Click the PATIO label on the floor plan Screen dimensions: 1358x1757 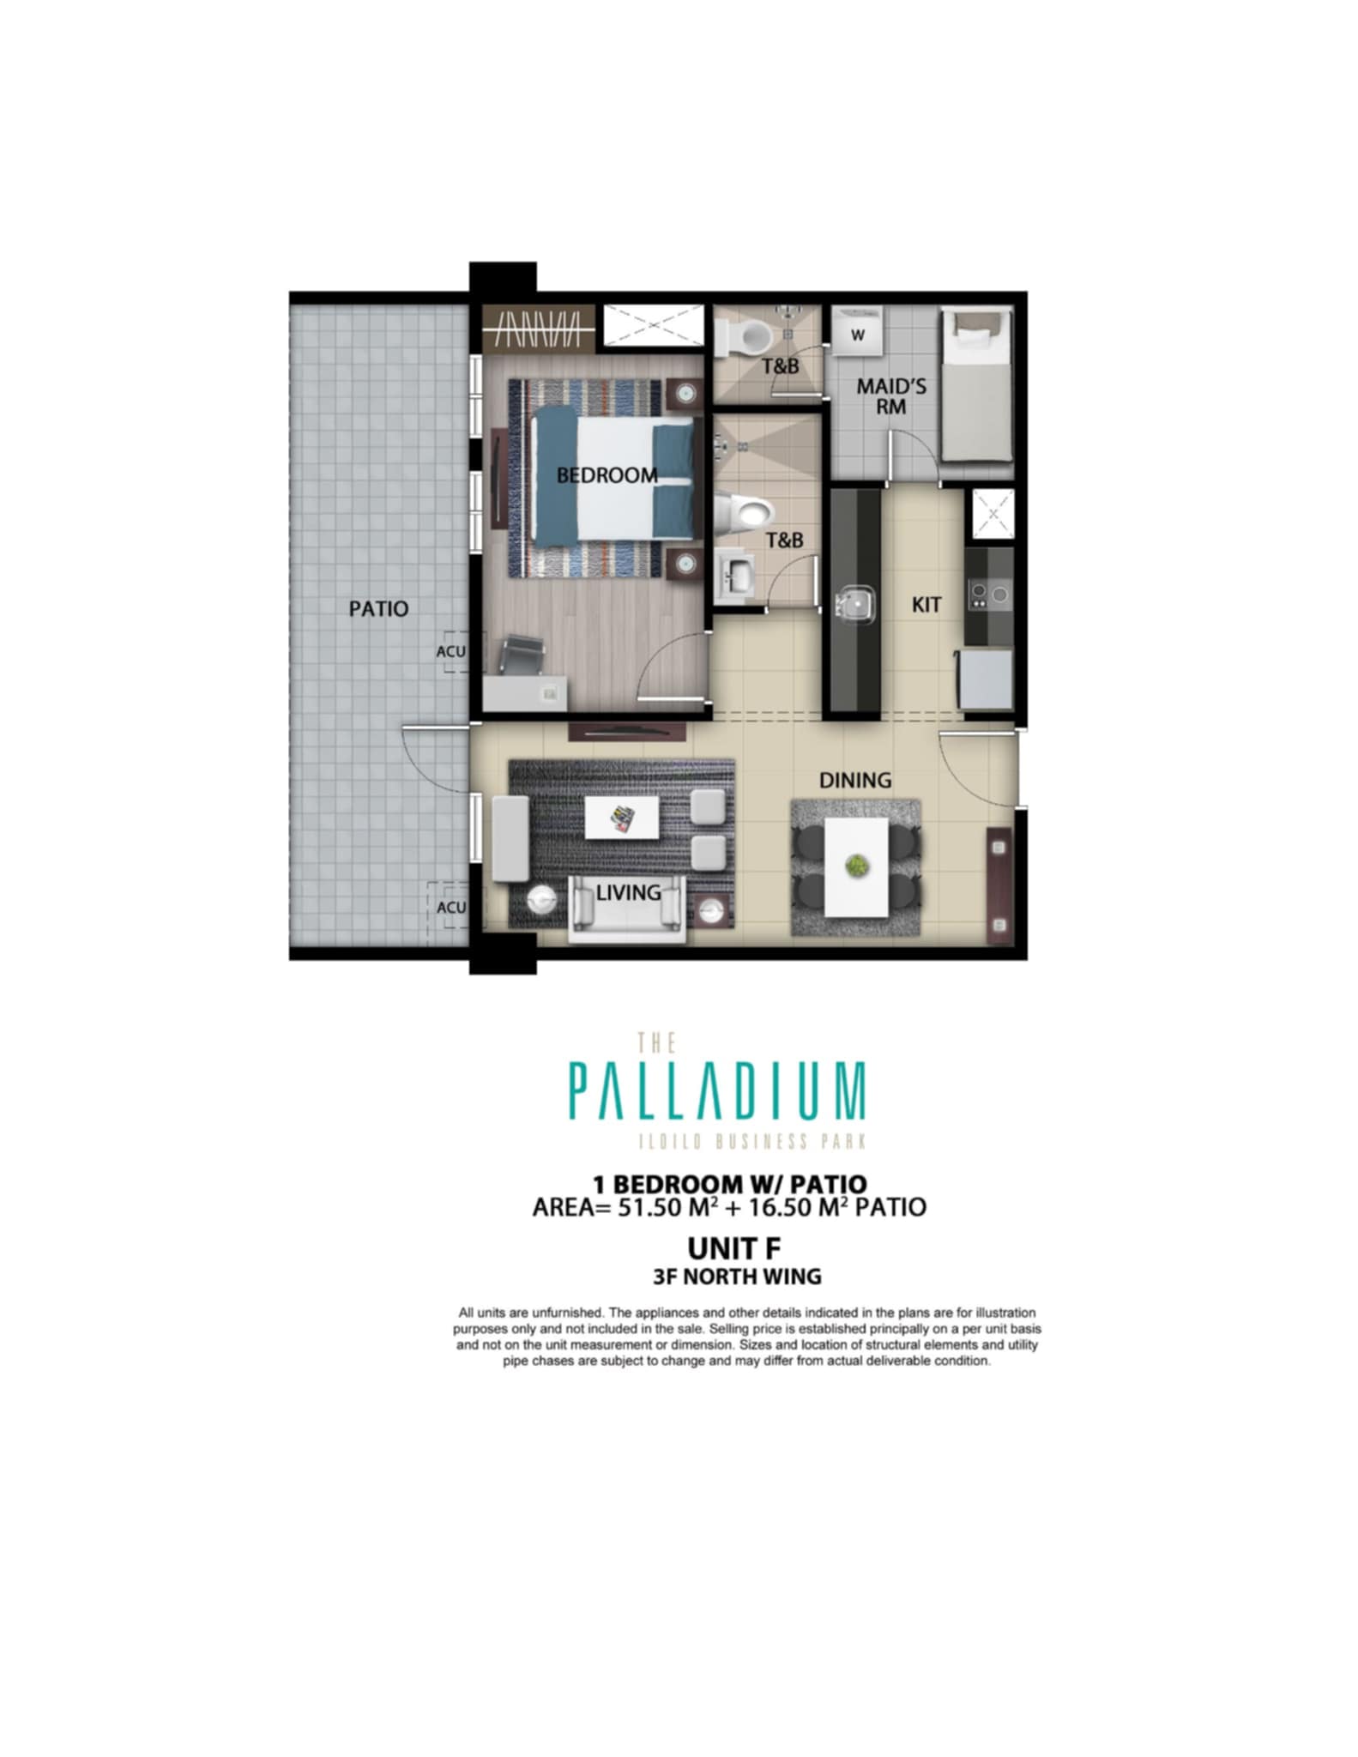click(x=378, y=609)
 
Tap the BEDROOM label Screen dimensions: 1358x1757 click(x=607, y=475)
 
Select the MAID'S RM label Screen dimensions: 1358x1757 click(x=891, y=396)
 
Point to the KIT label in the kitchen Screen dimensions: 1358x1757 click(x=926, y=605)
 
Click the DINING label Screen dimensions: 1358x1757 click(x=855, y=781)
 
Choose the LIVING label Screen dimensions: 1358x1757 click(x=629, y=893)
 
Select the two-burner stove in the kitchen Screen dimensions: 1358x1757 click(x=989, y=594)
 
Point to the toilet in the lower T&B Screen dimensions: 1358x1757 click(x=742, y=513)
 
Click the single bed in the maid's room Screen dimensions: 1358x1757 click(x=976, y=386)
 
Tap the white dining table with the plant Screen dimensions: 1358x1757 click(x=855, y=866)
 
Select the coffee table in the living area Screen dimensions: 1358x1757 click(x=622, y=818)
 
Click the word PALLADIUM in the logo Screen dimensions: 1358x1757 click(x=717, y=1090)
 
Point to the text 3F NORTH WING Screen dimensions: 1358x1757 click(x=737, y=1277)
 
